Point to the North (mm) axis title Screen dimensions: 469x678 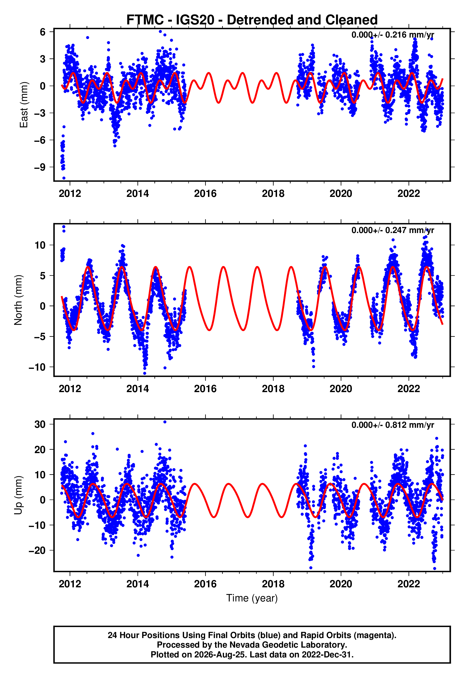click(18, 300)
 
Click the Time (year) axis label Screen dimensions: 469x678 click(252, 598)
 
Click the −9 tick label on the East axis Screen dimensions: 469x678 click(40, 167)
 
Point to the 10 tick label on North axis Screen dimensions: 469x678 click(40, 245)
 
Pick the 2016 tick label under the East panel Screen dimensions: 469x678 click(205, 194)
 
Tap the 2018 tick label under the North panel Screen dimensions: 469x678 click(273, 389)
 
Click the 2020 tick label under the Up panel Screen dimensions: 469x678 click(341, 584)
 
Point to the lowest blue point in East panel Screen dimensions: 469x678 click(64, 178)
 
